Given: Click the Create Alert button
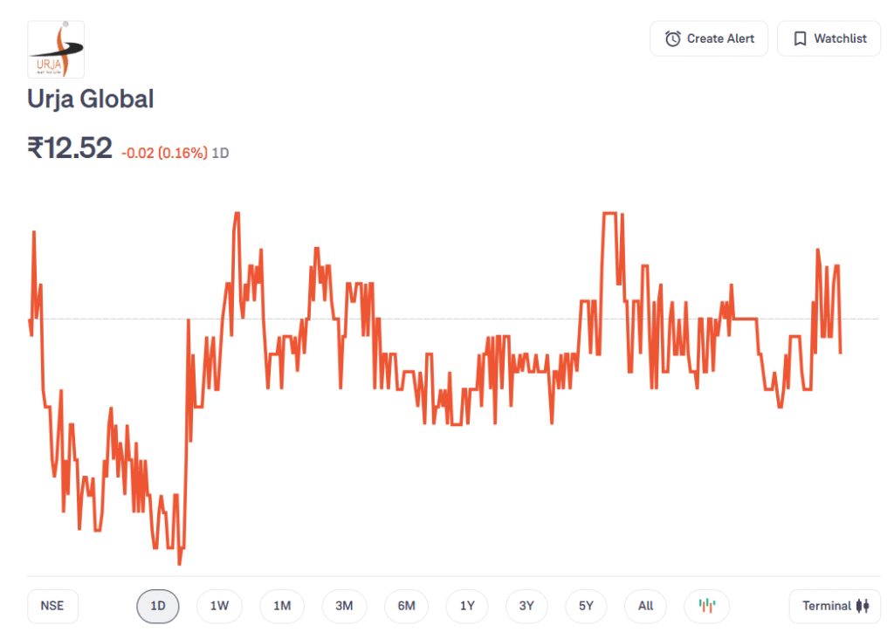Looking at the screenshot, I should (708, 38).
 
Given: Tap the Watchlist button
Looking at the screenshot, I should (829, 38).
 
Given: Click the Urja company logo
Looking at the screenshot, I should (56, 50).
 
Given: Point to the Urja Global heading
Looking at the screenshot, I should (91, 99).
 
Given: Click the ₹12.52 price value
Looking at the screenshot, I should (70, 148).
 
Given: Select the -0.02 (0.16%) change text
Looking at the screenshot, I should (164, 153).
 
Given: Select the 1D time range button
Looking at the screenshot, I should (158, 606).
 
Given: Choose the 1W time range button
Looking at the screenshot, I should (219, 606).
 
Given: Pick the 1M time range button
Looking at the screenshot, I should (282, 606).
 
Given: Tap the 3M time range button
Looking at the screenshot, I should (344, 606).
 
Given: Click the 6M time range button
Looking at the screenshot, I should (406, 606).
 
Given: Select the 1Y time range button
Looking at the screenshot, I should (467, 606).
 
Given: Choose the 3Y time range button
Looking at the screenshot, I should (526, 606).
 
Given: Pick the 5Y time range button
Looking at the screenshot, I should (586, 606).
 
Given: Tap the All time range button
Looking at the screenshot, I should (645, 606).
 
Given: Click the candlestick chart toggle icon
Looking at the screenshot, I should (707, 606).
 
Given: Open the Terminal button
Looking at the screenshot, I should (835, 606).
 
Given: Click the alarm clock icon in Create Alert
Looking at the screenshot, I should (672, 38).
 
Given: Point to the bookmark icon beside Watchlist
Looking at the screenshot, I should (800, 38).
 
